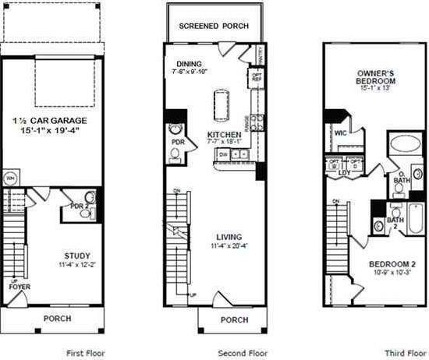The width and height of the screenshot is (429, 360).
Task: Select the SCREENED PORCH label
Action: pos(214,26)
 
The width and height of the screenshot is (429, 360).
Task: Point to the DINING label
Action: pos(190,65)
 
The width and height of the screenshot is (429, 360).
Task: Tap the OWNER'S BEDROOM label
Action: pos(368,76)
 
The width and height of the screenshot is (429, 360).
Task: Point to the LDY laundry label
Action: pos(344,173)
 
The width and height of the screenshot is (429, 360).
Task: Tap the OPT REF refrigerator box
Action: pos(255,77)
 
